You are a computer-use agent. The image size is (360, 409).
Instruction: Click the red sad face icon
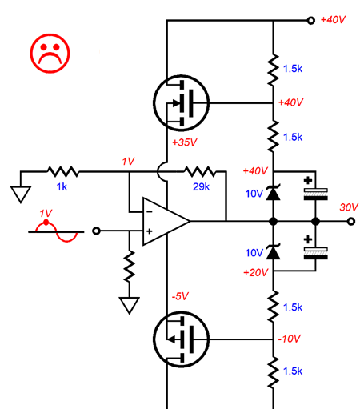tap(50, 54)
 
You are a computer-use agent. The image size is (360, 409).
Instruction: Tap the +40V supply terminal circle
tap(310, 20)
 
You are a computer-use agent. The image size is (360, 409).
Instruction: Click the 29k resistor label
tap(201, 186)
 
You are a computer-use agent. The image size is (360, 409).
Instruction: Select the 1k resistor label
tap(62, 186)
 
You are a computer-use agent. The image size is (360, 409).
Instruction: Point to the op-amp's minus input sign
tap(150, 211)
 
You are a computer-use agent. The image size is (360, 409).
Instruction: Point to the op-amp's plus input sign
tap(150, 231)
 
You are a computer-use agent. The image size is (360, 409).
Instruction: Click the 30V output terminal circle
tap(351, 221)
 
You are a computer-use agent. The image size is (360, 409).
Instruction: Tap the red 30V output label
tap(349, 207)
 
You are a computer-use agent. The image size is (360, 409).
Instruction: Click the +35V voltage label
tap(185, 142)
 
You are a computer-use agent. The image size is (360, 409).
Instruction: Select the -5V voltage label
tap(180, 296)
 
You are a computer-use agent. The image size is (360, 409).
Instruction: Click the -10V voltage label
tap(289, 339)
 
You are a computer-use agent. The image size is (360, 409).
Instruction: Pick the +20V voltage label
tap(255, 272)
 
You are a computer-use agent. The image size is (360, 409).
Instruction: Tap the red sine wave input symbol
tap(57, 231)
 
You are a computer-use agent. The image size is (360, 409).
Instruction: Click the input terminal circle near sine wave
tap(96, 231)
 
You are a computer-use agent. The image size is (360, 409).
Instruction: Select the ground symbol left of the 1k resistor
tap(21, 194)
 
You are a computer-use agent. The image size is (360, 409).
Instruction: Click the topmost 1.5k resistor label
tap(293, 69)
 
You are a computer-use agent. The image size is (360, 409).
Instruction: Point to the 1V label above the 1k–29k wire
tap(128, 162)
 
